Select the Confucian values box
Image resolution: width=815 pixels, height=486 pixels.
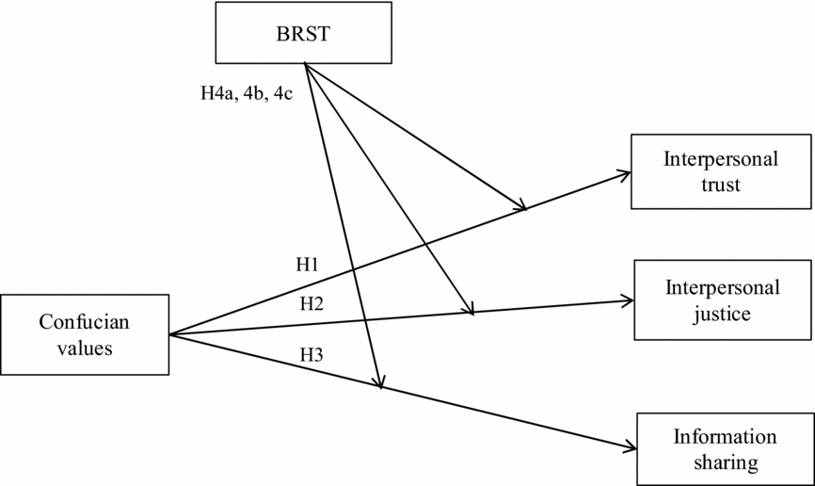(x=85, y=334)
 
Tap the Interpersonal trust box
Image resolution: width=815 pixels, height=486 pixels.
(x=721, y=171)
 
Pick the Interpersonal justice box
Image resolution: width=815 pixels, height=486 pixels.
(x=722, y=300)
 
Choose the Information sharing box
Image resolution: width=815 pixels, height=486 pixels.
(x=725, y=449)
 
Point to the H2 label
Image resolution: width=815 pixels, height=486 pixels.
(x=312, y=302)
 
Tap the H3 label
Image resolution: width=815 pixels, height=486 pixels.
(x=312, y=355)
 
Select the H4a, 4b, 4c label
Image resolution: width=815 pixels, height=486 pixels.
(x=248, y=94)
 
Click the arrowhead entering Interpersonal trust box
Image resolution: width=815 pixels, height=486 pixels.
(x=624, y=173)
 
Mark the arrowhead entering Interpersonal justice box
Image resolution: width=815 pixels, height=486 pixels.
(x=629, y=301)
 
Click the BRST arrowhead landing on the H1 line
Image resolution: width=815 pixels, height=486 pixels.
(x=519, y=206)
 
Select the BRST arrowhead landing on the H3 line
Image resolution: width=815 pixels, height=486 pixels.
(x=379, y=381)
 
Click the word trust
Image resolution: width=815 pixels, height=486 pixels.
(x=721, y=185)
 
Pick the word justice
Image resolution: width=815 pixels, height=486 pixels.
(x=722, y=313)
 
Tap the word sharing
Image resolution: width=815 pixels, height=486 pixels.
(x=725, y=462)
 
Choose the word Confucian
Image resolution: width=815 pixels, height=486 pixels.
(x=85, y=322)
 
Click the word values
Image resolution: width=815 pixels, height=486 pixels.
(x=85, y=348)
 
